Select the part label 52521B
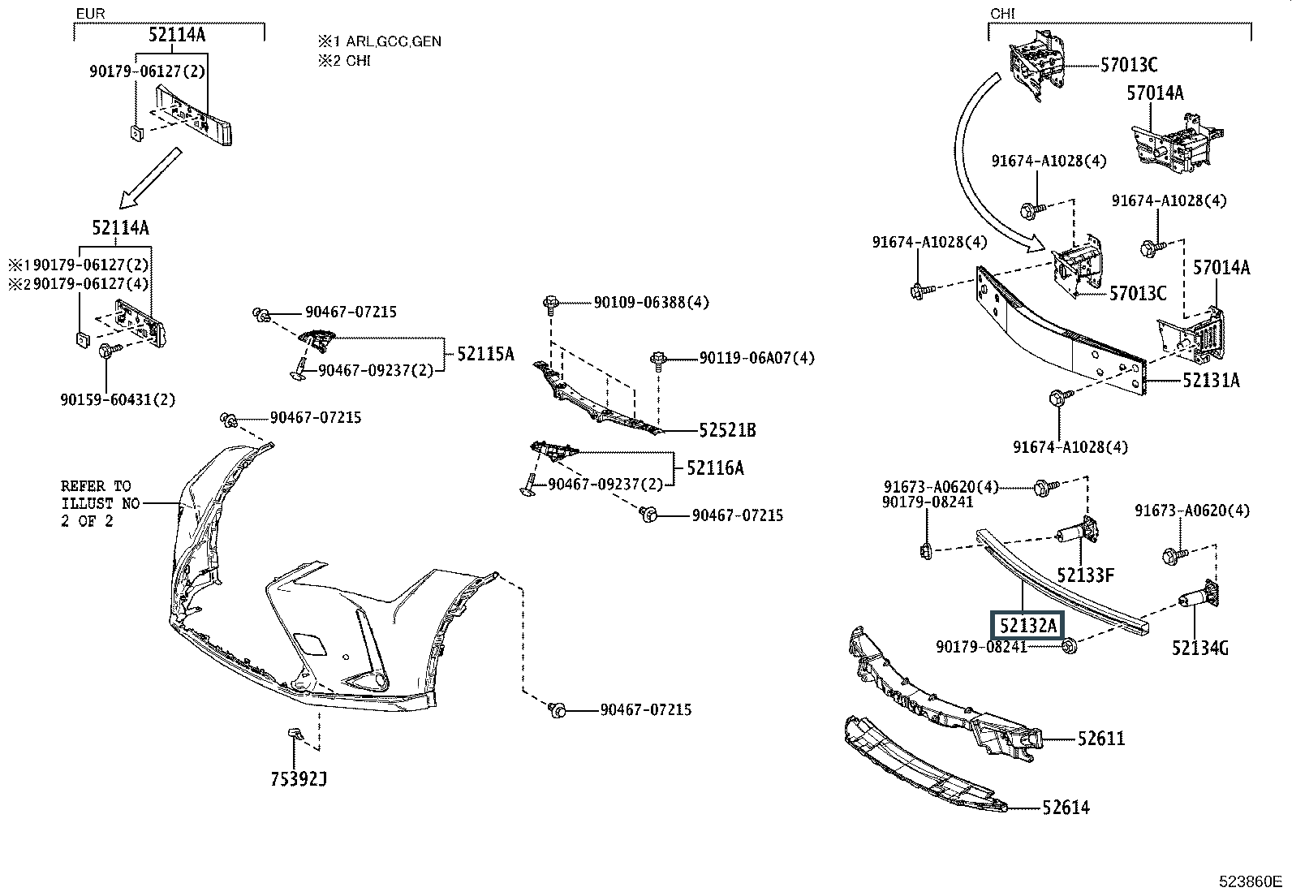click(727, 430)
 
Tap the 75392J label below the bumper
click(299, 779)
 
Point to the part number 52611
click(1101, 739)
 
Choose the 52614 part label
click(1066, 807)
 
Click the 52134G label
click(1199, 648)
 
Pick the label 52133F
click(1085, 575)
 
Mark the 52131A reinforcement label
click(1210, 380)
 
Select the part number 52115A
click(485, 353)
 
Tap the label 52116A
click(715, 468)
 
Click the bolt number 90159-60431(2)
click(118, 399)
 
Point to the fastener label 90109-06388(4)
click(651, 302)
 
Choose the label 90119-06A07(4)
click(757, 357)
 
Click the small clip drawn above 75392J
click(295, 735)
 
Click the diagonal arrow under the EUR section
click(150, 179)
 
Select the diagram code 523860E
click(1249, 881)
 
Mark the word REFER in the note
click(84, 486)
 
